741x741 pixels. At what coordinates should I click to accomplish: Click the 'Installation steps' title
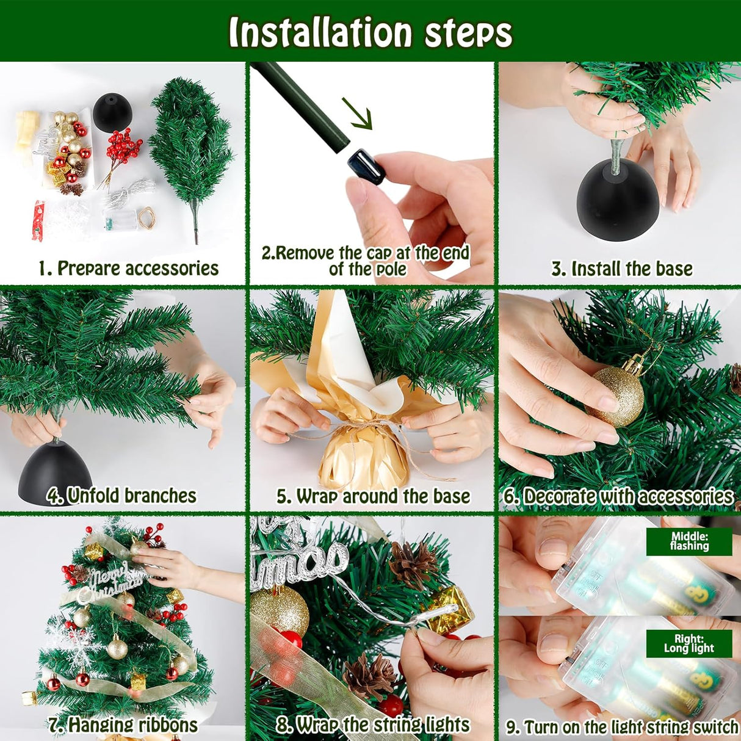click(370, 32)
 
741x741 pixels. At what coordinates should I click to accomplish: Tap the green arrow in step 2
click(357, 114)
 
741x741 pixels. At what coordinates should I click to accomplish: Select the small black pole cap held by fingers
click(366, 167)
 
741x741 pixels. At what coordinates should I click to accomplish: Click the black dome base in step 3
click(618, 200)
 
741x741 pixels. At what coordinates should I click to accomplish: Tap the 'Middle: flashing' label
click(689, 541)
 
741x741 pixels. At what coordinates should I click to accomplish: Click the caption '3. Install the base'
click(622, 269)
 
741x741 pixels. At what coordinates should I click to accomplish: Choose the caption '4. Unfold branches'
click(121, 496)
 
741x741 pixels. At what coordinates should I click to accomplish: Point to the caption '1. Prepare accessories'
click(129, 268)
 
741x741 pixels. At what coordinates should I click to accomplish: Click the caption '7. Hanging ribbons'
click(123, 715)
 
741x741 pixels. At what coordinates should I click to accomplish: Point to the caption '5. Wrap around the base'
click(373, 496)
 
